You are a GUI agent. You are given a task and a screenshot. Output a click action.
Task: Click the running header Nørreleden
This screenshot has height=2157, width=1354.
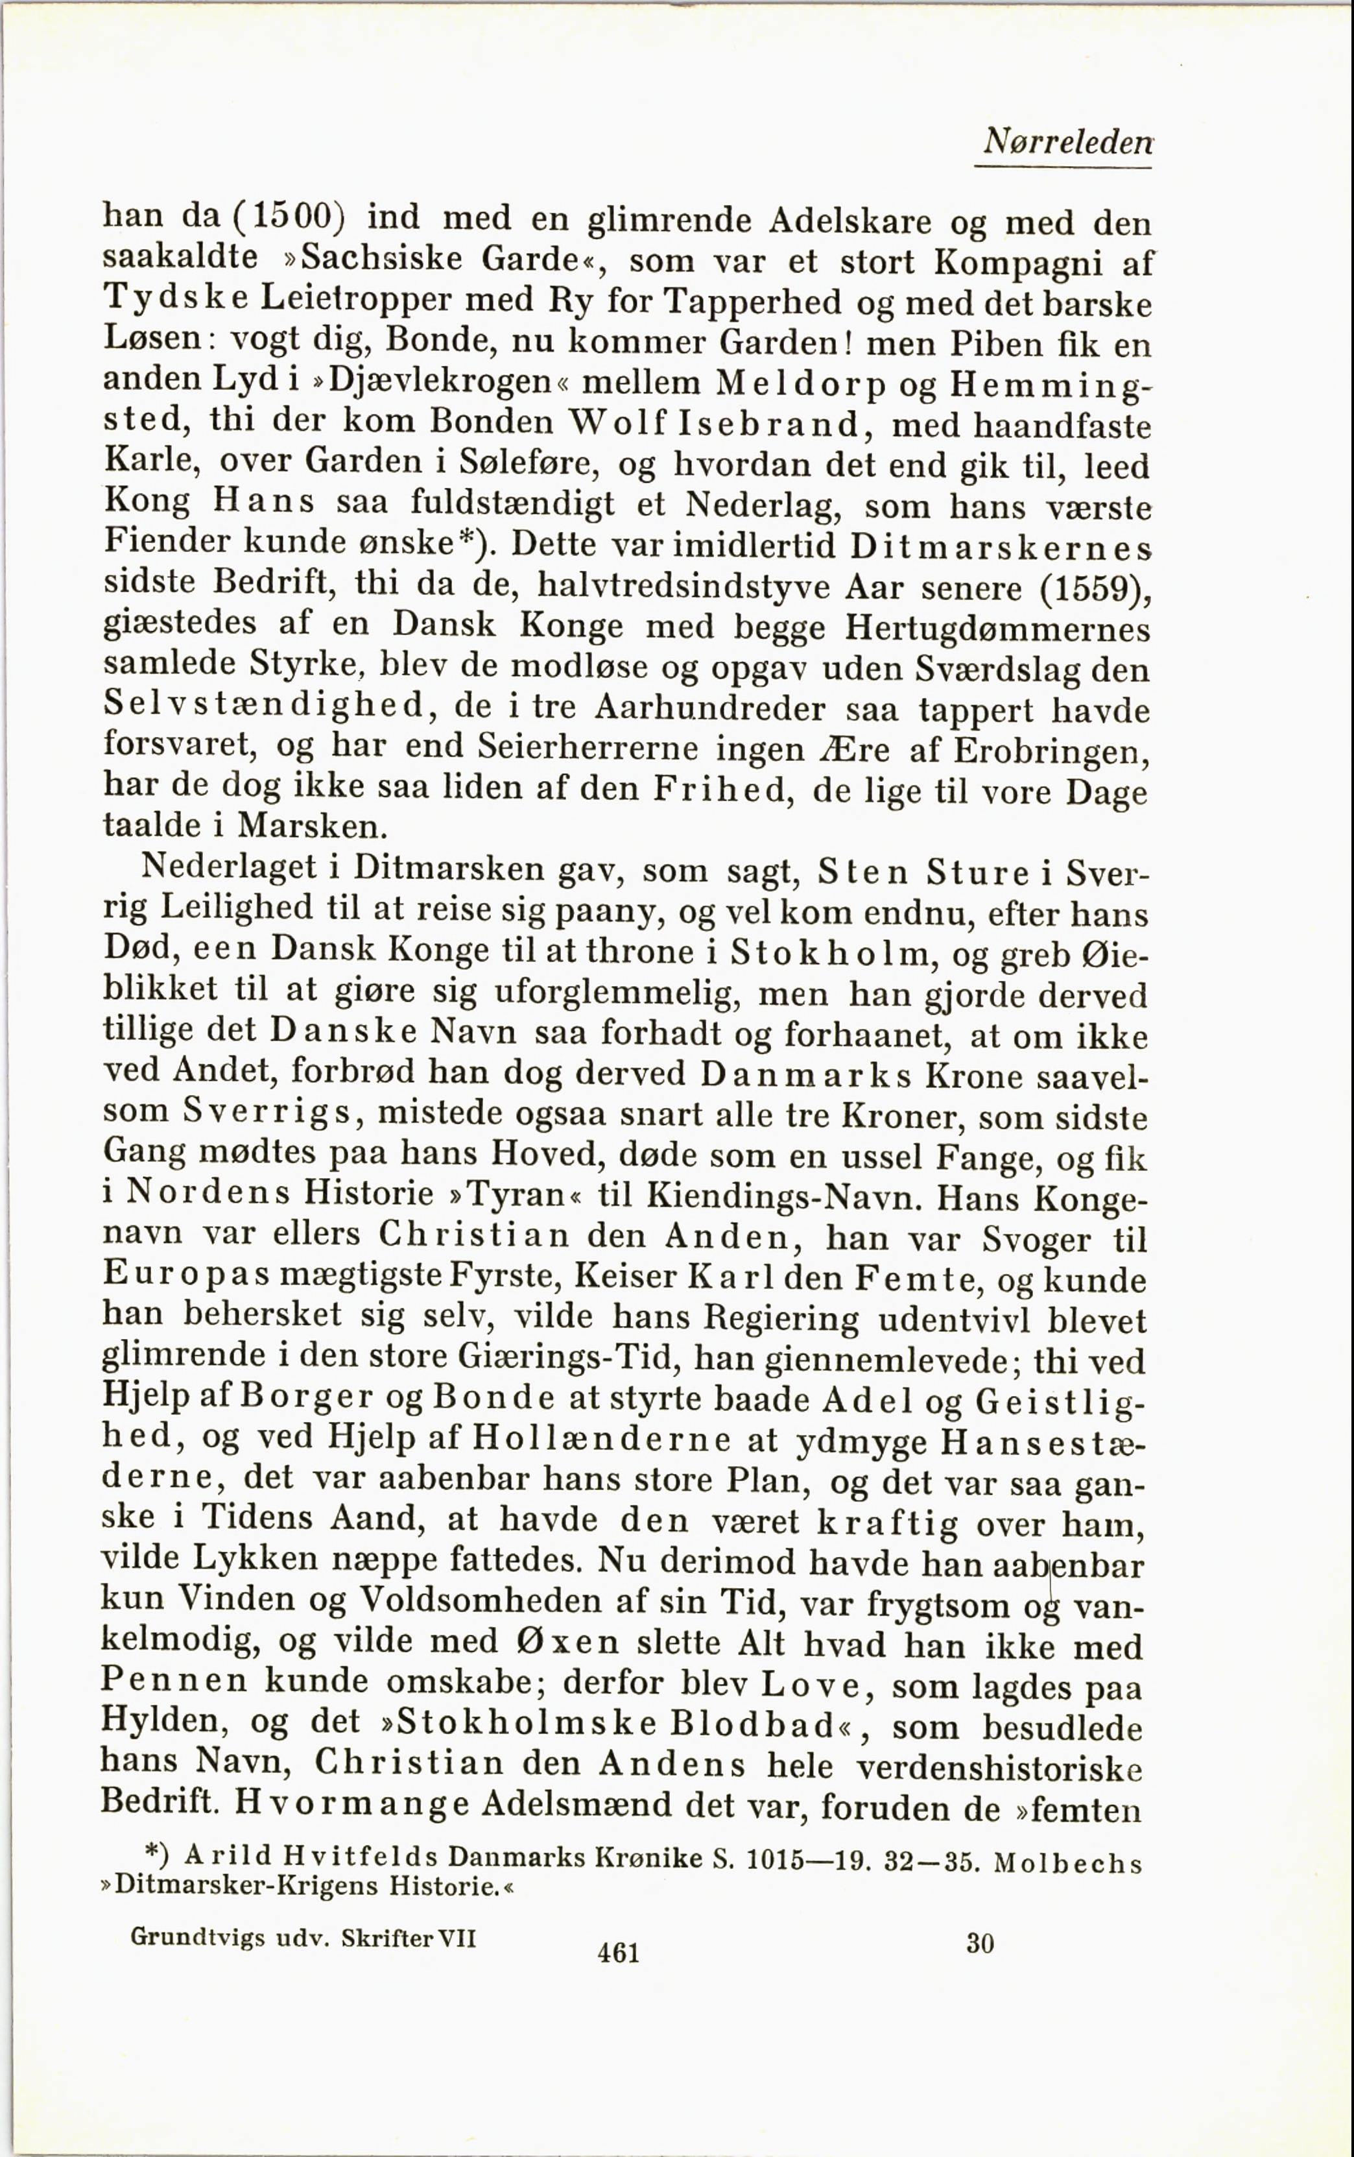(1067, 141)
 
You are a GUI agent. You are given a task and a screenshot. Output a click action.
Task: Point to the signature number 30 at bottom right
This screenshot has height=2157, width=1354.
(980, 1942)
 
